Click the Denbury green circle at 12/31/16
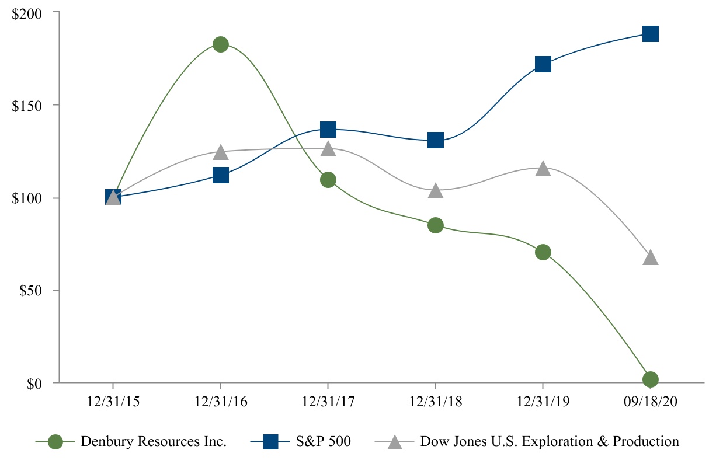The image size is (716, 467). pyautogui.click(x=220, y=44)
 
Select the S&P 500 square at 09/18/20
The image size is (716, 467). pyautogui.click(x=651, y=34)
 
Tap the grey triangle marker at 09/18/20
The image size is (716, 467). pyautogui.click(x=651, y=258)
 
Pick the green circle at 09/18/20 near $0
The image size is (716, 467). pyautogui.click(x=651, y=379)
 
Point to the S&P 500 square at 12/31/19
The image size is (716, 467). pyautogui.click(x=543, y=64)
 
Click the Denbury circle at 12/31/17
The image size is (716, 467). pyautogui.click(x=328, y=180)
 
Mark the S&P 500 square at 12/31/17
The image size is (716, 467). pyautogui.click(x=328, y=129)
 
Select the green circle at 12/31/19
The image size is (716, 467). pyautogui.click(x=543, y=252)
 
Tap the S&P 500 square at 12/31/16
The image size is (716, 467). pyautogui.click(x=220, y=175)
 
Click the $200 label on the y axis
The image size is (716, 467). pyautogui.click(x=28, y=12)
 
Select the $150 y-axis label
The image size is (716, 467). pyautogui.click(x=28, y=105)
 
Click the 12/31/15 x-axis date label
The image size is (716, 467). pyautogui.click(x=113, y=403)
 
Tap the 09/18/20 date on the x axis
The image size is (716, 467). pyautogui.click(x=651, y=403)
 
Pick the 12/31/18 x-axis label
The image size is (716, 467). pyautogui.click(x=436, y=403)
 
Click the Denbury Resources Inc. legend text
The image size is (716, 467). pyautogui.click(x=154, y=442)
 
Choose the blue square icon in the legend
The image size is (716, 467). pyautogui.click(x=270, y=442)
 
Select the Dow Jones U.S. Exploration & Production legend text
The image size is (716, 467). pyautogui.click(x=550, y=442)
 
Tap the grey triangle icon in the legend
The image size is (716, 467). pyautogui.click(x=395, y=442)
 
